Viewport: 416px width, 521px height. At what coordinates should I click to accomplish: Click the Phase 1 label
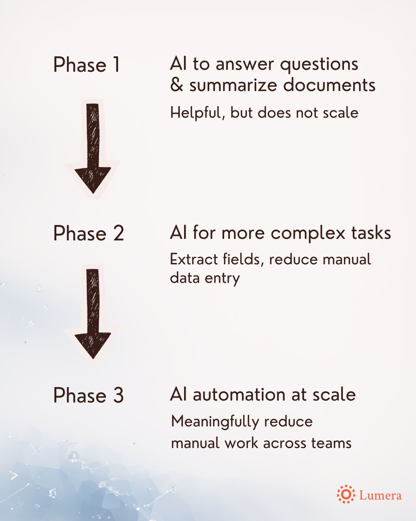(87, 64)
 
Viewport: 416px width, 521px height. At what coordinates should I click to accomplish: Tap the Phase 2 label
(89, 233)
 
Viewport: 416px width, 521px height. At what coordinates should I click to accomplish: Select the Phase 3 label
(89, 396)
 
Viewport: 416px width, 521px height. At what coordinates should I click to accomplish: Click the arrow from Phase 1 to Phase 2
(93, 149)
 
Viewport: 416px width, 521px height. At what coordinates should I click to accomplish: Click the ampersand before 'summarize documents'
(176, 85)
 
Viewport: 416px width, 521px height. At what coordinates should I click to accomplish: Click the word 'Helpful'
(197, 113)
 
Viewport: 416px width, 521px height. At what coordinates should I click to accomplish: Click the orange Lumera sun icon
(346, 494)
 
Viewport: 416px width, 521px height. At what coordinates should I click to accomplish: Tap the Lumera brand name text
(380, 495)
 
